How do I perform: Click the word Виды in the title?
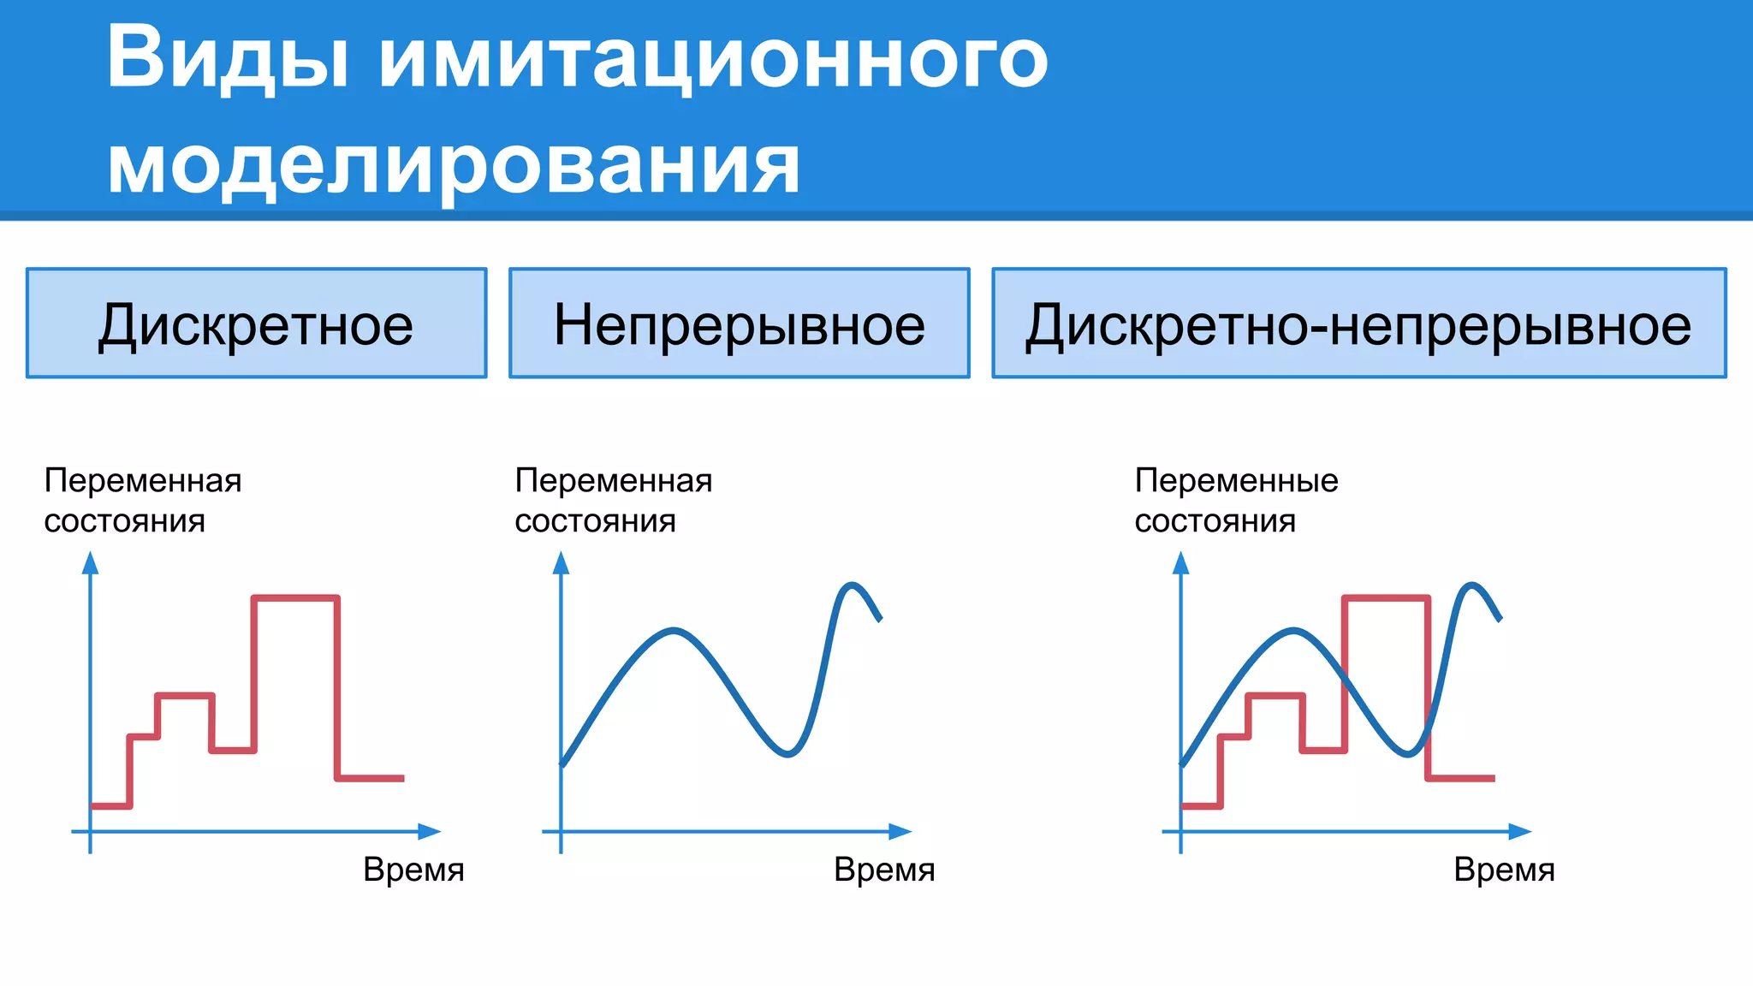click(227, 58)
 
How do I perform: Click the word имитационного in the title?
click(713, 58)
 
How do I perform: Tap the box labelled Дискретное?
click(256, 324)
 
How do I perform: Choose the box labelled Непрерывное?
click(740, 324)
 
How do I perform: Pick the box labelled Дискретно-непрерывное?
click(1358, 324)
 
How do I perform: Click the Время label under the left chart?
click(413, 870)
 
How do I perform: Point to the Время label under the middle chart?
click(884, 870)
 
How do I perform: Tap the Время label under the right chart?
click(1504, 870)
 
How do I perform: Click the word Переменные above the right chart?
click(1236, 481)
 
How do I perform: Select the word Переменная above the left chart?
click(143, 481)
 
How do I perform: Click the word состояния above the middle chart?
click(595, 521)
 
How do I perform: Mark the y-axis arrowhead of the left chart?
click(90, 562)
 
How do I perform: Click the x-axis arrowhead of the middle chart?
click(900, 831)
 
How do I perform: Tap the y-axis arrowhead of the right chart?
click(1181, 562)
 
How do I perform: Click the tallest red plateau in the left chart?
click(295, 597)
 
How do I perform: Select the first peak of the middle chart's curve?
click(674, 631)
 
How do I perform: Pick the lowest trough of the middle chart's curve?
click(787, 754)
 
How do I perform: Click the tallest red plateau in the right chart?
click(1386, 597)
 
